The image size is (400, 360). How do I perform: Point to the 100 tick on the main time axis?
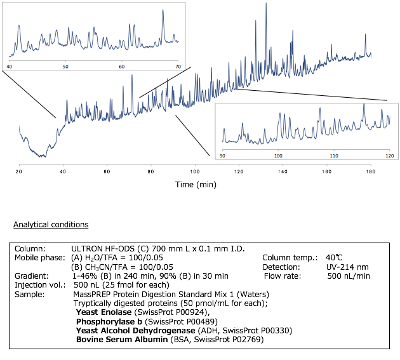point(195,171)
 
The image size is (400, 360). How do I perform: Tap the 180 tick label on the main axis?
point(370,171)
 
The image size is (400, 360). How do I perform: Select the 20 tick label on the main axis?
point(20,171)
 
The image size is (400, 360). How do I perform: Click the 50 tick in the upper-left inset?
point(65,66)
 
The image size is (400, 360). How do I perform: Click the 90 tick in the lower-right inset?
point(222,155)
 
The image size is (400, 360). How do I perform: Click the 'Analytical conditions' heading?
point(51,225)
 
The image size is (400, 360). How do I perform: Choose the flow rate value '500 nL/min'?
point(349,276)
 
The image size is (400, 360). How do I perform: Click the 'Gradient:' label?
point(30,276)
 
